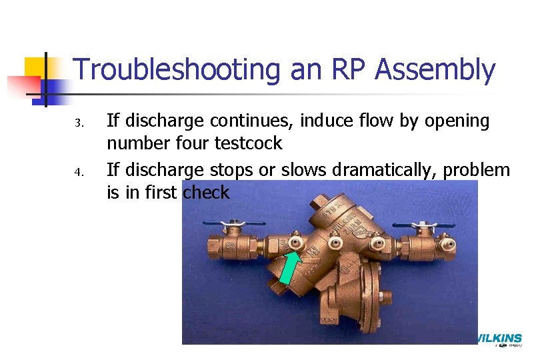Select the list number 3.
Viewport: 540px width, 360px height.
(77, 123)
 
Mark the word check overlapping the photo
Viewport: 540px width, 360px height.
(206, 193)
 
